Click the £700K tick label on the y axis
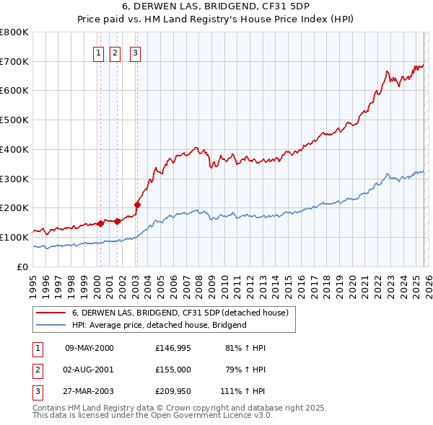coord(14,61)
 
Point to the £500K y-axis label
coord(14,120)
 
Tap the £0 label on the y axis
coord(23,267)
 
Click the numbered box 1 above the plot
coord(97,52)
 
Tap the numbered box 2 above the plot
coord(115,52)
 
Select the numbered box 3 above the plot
coord(135,52)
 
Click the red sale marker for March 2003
coord(137,205)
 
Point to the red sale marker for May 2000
coord(101,223)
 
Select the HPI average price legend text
coord(159,325)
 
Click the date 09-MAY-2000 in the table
coord(89,348)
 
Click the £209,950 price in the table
coord(172,393)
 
